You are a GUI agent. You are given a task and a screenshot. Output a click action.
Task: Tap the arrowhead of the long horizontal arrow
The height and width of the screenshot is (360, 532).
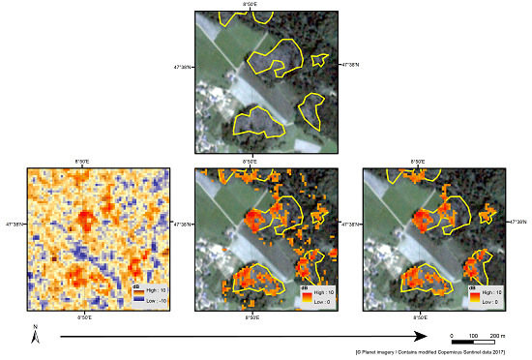[422, 337]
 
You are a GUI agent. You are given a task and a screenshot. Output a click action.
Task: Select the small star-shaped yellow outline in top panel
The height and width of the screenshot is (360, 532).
[318, 60]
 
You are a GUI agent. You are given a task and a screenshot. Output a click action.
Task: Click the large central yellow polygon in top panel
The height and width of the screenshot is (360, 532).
[278, 57]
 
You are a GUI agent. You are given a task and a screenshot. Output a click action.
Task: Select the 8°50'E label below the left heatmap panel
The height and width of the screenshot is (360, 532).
[84, 317]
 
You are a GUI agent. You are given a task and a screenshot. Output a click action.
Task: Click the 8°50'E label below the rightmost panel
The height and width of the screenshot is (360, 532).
[419, 317]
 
